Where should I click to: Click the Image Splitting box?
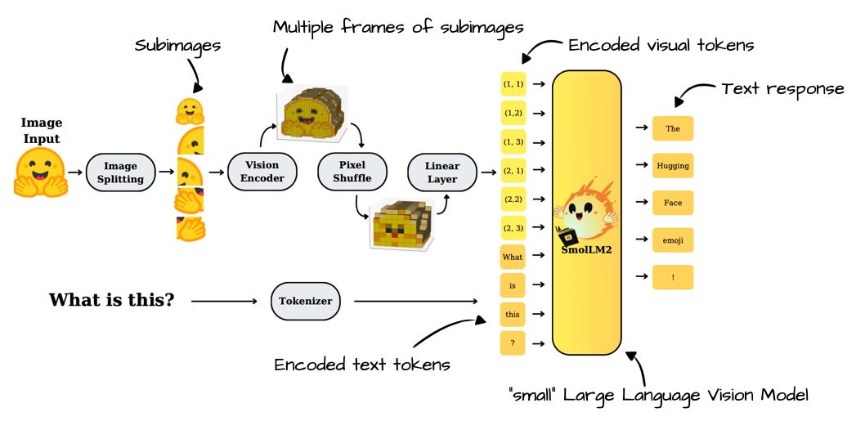click(x=120, y=172)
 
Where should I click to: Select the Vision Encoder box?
click(x=258, y=172)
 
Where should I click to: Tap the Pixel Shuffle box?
click(x=351, y=172)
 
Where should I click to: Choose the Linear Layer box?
click(x=441, y=172)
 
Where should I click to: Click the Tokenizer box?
click(x=305, y=301)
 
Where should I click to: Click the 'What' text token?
click(x=512, y=257)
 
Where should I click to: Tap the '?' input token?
click(x=512, y=343)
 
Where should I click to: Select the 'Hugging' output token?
click(x=673, y=166)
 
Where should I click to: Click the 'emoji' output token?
click(x=673, y=240)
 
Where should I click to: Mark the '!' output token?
click(x=673, y=277)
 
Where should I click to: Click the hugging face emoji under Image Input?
click(x=40, y=172)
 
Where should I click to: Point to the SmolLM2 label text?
click(x=586, y=250)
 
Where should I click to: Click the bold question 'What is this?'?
click(x=111, y=300)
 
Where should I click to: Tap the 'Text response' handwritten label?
click(x=782, y=88)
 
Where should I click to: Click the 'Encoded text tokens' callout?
click(x=362, y=365)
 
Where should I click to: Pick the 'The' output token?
click(x=673, y=129)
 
